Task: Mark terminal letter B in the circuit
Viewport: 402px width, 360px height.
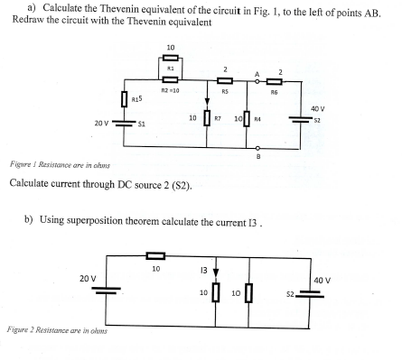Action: click(258, 156)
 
